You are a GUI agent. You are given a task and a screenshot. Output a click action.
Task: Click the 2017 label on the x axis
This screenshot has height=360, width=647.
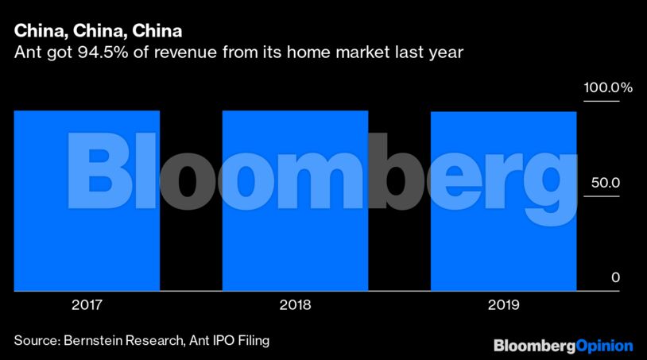tap(87, 304)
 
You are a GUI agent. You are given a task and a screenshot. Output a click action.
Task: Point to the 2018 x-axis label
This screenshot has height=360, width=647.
tap(295, 304)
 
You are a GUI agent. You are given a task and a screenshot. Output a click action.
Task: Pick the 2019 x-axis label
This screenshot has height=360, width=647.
tap(503, 304)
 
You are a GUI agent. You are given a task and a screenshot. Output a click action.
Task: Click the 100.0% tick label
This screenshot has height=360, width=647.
tap(608, 88)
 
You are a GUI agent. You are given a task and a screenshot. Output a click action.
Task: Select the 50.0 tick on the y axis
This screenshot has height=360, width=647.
tap(603, 183)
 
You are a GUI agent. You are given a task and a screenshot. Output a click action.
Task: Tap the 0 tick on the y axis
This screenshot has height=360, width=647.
tap(614, 277)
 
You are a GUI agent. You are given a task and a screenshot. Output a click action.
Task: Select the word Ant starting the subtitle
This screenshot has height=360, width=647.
tap(25, 54)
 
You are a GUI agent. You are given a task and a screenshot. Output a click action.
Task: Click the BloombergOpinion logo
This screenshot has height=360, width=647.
tap(564, 346)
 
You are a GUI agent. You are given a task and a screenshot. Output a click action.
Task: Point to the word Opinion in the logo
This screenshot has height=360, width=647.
tap(603, 346)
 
